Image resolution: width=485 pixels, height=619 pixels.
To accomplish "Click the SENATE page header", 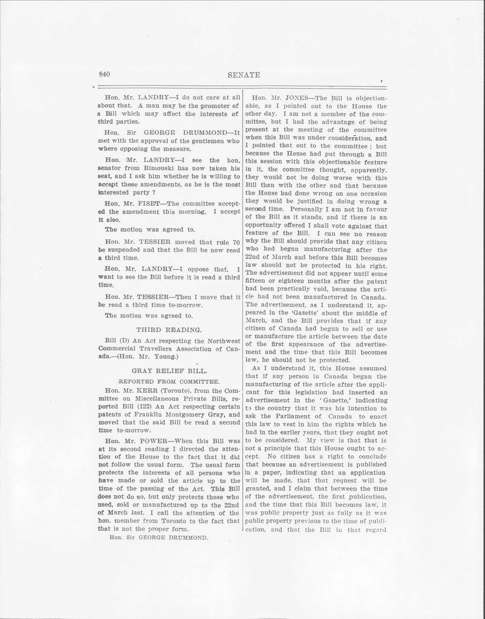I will click(244, 75).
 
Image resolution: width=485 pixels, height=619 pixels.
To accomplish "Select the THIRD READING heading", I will click(169, 330).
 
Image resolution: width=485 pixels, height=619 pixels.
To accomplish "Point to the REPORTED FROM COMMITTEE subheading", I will click(168, 382).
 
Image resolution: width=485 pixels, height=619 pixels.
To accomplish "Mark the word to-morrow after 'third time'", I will click(184, 305).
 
